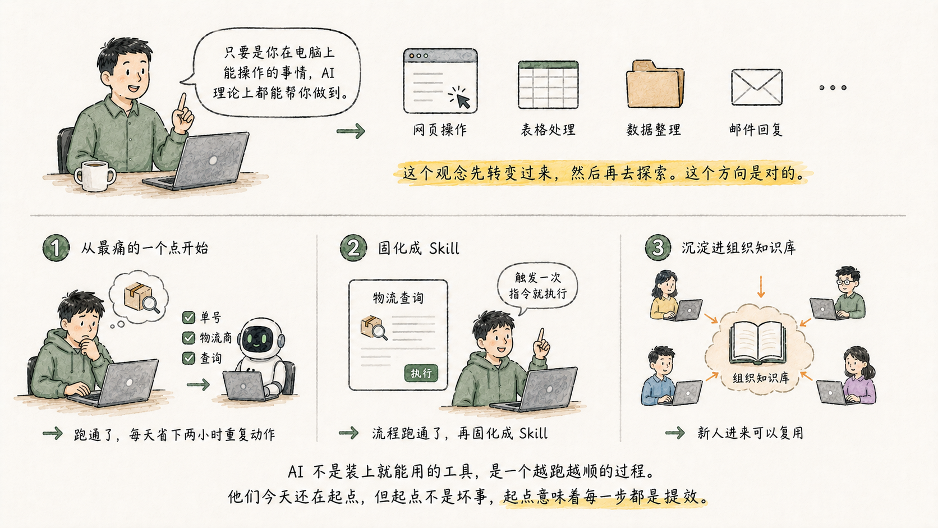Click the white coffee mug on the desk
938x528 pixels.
[x=95, y=176]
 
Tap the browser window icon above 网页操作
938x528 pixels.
[x=440, y=81]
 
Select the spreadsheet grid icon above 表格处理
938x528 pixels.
[x=548, y=85]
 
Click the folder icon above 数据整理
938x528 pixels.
[x=655, y=84]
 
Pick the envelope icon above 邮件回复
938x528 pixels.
[x=757, y=87]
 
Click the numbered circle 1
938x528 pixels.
[x=56, y=248]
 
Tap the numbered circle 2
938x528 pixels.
[x=353, y=248]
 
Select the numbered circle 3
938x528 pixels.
[x=658, y=247]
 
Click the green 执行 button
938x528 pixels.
[x=421, y=373]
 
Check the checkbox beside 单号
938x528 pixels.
[x=188, y=318]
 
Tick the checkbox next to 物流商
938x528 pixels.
[x=188, y=338]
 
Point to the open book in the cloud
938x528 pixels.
[x=757, y=342]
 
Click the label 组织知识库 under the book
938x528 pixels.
[x=761, y=378]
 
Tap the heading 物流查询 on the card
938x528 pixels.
[x=398, y=298]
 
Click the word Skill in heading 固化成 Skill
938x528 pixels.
[x=444, y=249]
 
